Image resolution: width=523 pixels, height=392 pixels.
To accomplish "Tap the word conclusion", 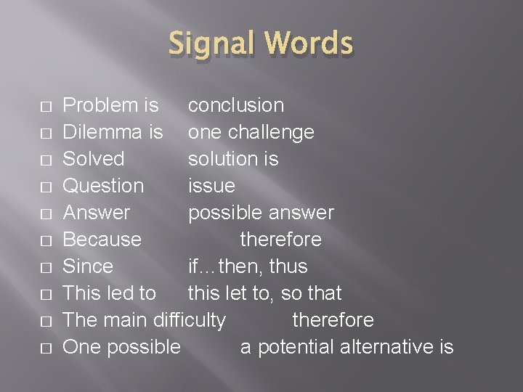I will [x=236, y=105].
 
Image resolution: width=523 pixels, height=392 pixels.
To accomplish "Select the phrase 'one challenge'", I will [x=251, y=132].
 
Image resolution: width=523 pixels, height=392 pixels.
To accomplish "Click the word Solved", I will [x=94, y=159].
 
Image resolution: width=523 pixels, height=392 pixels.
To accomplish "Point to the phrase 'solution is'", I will [x=233, y=159].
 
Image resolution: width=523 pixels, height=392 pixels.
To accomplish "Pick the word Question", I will [x=104, y=186].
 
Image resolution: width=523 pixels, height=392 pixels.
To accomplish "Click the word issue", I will [x=211, y=186].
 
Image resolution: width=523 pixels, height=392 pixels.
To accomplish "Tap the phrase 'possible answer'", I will [x=261, y=213].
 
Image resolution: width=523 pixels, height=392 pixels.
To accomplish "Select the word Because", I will [x=102, y=240].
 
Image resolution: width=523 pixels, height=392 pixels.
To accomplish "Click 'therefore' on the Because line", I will [x=280, y=240].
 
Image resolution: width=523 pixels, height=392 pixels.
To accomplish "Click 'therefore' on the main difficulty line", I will [x=333, y=320].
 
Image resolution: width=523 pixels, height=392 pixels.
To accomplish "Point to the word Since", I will [x=88, y=266].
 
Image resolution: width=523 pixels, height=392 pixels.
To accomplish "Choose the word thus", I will [x=288, y=266].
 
